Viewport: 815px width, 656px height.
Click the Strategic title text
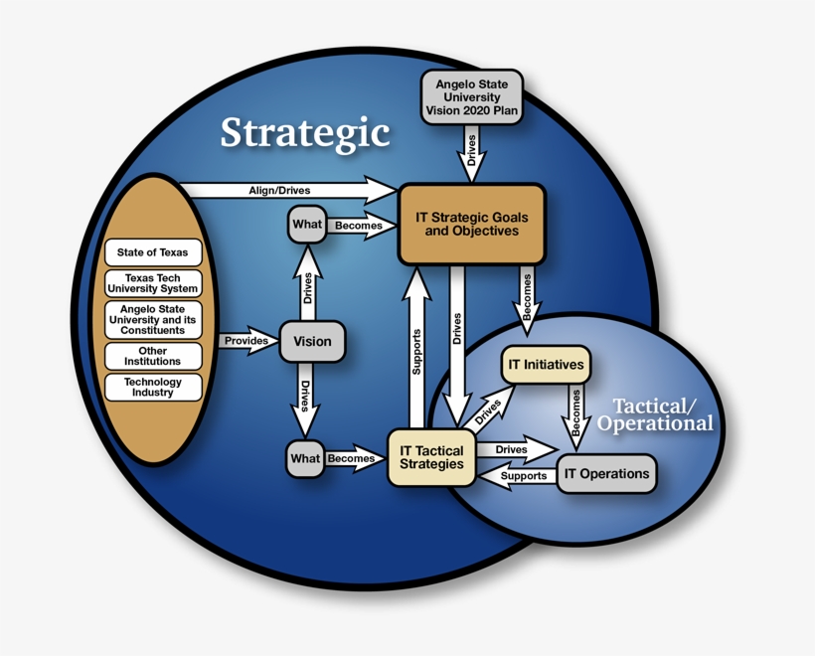point(304,133)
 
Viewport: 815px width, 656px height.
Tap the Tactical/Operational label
point(656,414)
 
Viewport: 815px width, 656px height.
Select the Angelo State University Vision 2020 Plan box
point(471,98)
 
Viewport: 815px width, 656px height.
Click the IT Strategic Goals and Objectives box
point(471,224)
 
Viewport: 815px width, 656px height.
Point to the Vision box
point(312,342)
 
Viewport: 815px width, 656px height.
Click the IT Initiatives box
point(545,365)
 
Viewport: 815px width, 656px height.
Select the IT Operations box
point(606,474)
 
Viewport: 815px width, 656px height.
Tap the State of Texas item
point(152,252)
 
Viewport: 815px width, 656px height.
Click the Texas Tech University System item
point(152,283)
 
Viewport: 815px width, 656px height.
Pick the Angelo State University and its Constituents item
point(152,320)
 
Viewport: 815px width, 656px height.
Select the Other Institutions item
point(152,357)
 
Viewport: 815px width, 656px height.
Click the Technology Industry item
point(152,388)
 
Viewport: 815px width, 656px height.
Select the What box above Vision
point(306,225)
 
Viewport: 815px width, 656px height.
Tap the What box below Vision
point(304,459)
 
